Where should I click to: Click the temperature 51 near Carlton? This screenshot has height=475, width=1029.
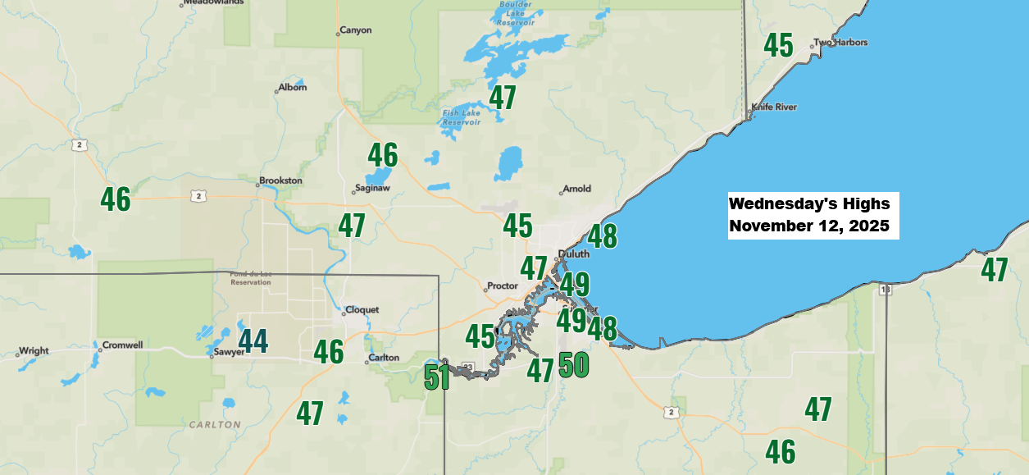pyautogui.click(x=437, y=377)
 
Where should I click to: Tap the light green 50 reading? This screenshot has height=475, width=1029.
pyautogui.click(x=574, y=363)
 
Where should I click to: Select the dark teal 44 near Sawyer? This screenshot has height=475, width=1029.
pyautogui.click(x=253, y=340)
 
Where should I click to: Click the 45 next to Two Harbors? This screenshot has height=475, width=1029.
pyautogui.click(x=778, y=45)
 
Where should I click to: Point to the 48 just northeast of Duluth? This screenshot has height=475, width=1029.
pyautogui.click(x=602, y=236)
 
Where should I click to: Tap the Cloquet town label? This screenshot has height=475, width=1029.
pyautogui.click(x=363, y=310)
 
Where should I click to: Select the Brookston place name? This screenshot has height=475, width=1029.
pyautogui.click(x=280, y=180)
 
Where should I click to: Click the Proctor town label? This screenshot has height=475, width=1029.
pyautogui.click(x=503, y=286)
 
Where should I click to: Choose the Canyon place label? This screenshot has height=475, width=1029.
pyautogui.click(x=355, y=30)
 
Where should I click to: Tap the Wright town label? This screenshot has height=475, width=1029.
pyautogui.click(x=34, y=351)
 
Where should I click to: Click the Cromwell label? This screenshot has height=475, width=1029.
pyautogui.click(x=123, y=345)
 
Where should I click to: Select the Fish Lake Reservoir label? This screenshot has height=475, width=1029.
pyautogui.click(x=461, y=117)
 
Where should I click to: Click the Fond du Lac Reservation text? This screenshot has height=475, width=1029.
pyautogui.click(x=251, y=279)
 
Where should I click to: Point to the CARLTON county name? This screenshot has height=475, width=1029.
pyautogui.click(x=215, y=425)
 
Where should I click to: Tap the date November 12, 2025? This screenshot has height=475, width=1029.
pyautogui.click(x=809, y=226)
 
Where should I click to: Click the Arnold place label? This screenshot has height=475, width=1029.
pyautogui.click(x=577, y=189)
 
